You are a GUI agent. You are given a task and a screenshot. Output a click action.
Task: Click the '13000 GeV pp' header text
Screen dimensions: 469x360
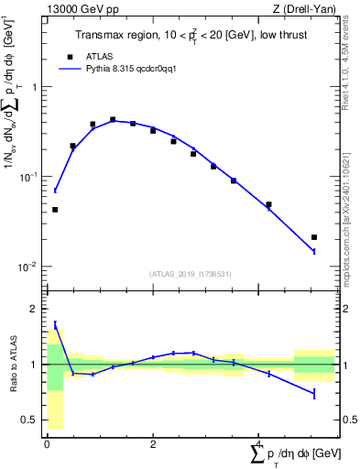[79, 9]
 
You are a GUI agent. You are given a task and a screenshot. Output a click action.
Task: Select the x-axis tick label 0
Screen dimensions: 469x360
[47, 444]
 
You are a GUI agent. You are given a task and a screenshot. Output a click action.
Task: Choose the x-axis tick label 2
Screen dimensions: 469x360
[152, 444]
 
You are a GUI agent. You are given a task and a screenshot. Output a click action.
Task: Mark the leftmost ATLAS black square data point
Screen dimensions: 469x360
[55, 210]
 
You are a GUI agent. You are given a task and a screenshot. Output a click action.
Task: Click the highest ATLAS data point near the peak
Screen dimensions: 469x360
[113, 119]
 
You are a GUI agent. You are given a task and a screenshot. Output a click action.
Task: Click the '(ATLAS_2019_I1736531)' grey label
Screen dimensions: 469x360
[191, 274]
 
